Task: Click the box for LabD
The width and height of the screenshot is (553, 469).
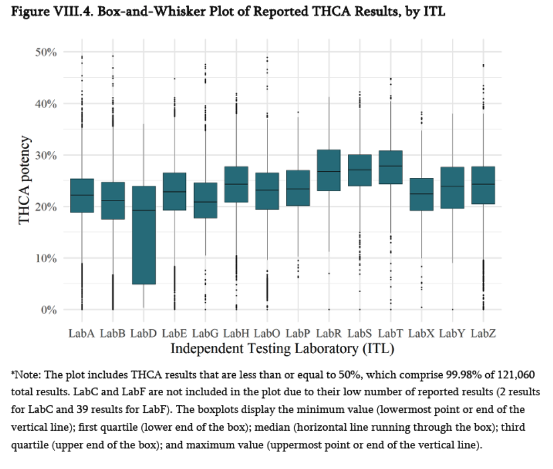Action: tap(144, 235)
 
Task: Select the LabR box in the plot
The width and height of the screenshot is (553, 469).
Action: tap(328, 170)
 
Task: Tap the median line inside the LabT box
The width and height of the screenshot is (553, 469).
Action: tap(390, 166)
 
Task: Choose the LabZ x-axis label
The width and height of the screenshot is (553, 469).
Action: tap(483, 333)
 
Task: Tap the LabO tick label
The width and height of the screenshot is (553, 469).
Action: tap(267, 333)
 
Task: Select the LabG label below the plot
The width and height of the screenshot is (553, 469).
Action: tap(205, 333)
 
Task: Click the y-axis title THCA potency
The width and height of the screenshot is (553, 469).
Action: tap(24, 181)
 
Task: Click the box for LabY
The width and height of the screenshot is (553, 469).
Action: tap(451, 187)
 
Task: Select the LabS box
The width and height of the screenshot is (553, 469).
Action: tap(359, 170)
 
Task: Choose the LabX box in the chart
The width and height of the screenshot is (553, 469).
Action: tap(421, 195)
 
